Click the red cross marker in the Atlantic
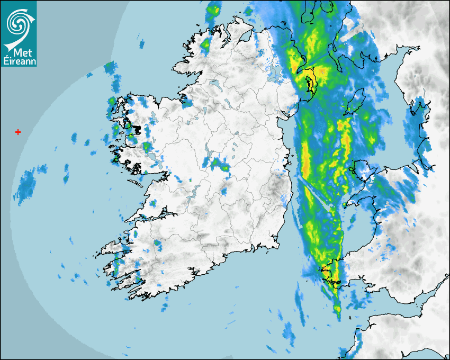coord(19,132)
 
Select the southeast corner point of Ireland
coord(278,246)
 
